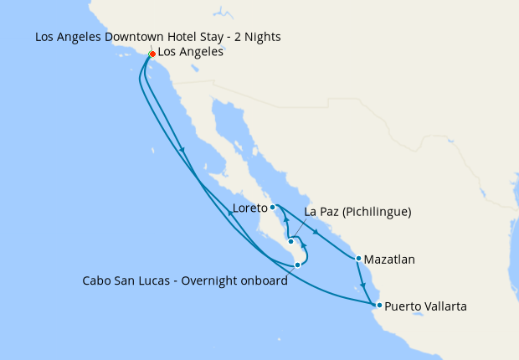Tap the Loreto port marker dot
(273, 206)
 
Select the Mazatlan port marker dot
(358, 259)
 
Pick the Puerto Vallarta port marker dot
(379, 305)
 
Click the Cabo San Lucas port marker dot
(297, 265)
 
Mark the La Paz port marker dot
(290, 242)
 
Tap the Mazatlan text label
(390, 260)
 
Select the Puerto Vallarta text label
(425, 306)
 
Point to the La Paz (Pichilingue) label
(357, 213)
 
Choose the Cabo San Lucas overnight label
(185, 280)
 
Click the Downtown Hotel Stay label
(158, 37)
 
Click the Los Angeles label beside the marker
(190, 52)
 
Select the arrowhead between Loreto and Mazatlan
(316, 231)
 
